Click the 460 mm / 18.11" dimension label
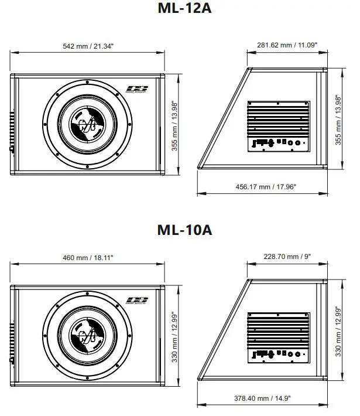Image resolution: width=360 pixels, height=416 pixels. click(87, 257)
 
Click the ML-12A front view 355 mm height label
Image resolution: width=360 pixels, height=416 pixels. click(175, 125)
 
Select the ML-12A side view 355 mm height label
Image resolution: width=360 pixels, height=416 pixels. click(338, 121)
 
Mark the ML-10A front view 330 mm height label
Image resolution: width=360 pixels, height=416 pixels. click(175, 336)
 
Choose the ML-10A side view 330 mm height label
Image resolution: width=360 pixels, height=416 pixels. click(338, 332)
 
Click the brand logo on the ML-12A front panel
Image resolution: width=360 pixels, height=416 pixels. click(138, 90)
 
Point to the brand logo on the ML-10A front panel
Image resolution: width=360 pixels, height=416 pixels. click(138, 301)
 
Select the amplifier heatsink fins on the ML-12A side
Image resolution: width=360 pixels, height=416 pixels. click(277, 118)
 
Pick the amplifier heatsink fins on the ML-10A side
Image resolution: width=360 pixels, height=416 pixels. click(277, 329)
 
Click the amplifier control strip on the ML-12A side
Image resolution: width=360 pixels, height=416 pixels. click(277, 142)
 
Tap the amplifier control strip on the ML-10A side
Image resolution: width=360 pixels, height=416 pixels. click(277, 354)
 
